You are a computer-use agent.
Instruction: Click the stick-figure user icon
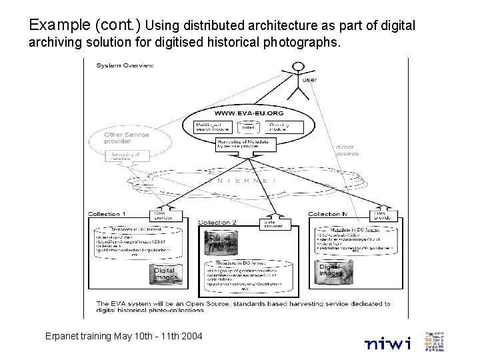click(x=297, y=77)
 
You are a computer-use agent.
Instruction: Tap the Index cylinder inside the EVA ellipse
click(x=247, y=126)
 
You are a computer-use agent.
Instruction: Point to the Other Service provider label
click(x=126, y=137)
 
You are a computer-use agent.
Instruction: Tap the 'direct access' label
click(x=347, y=150)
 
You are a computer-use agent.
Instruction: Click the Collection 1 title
click(x=106, y=214)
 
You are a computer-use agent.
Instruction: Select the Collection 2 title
click(x=217, y=223)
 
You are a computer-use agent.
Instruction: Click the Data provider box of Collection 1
click(x=164, y=215)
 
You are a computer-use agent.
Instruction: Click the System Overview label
click(x=125, y=65)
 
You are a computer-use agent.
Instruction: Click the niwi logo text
click(x=387, y=343)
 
